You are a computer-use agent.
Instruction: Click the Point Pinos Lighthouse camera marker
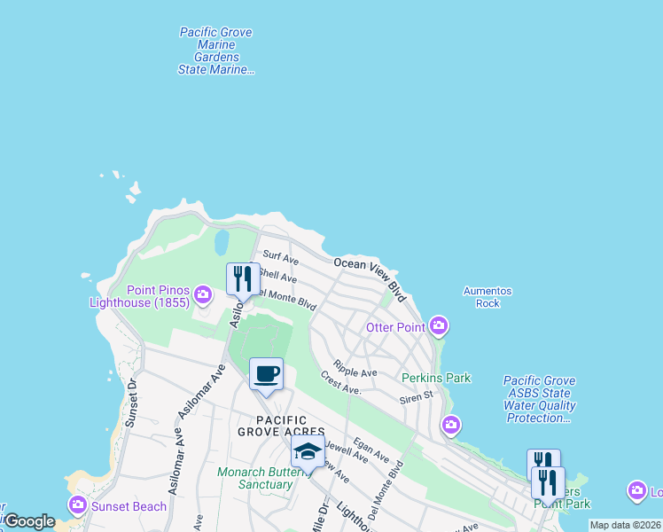204,293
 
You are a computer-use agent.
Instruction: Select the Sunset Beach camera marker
77,505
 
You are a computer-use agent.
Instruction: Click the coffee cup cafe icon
266,373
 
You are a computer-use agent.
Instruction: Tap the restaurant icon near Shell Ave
242,279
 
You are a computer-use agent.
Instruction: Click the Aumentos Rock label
487,297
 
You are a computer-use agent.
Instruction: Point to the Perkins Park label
436,378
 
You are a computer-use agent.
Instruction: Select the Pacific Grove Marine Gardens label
216,51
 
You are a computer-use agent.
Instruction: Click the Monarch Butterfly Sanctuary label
254,478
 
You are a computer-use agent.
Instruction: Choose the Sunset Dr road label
130,404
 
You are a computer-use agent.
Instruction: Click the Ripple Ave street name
355,368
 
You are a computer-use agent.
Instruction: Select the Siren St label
416,397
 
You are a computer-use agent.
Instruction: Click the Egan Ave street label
370,450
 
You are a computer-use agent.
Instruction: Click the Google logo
29,521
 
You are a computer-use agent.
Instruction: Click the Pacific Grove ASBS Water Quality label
540,399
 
